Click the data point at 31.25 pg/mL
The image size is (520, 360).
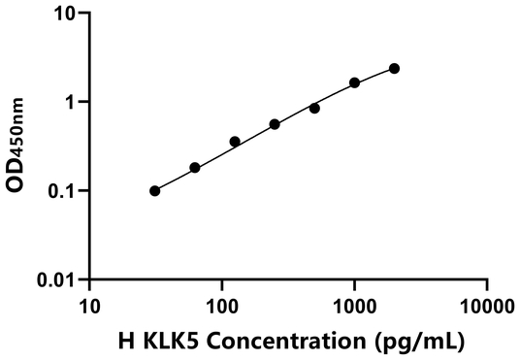click(x=155, y=191)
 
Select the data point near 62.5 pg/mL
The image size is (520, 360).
click(x=195, y=168)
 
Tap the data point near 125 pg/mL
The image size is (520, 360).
click(x=235, y=142)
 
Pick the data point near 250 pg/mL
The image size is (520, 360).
click(x=275, y=124)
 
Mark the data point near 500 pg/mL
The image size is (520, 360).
click(x=314, y=108)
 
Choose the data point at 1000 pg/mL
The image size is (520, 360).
click(x=355, y=82)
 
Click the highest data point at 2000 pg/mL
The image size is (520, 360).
click(x=394, y=68)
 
